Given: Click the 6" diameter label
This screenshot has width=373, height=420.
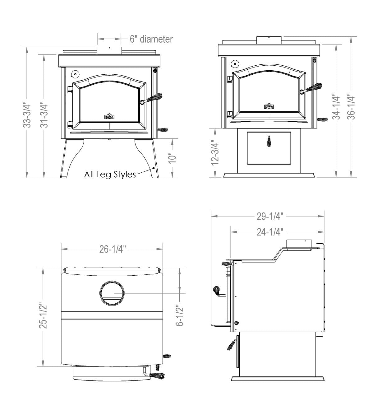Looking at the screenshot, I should pyautogui.click(x=151, y=39).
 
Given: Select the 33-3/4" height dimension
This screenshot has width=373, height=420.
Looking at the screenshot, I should pyautogui.click(x=27, y=112).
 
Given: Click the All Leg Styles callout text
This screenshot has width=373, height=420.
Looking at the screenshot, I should pyautogui.click(x=110, y=174).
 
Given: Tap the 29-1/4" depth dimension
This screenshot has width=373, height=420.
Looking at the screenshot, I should pyautogui.click(x=270, y=216).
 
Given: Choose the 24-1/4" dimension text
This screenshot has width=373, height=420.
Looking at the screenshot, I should pyautogui.click(x=270, y=232).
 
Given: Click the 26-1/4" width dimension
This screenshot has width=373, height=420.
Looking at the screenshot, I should pyautogui.click(x=113, y=249).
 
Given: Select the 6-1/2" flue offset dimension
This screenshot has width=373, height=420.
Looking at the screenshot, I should pyautogui.click(x=180, y=315).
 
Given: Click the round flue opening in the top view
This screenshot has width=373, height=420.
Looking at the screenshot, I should pyautogui.click(x=112, y=293).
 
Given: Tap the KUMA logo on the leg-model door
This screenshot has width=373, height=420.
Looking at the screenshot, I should pyautogui.click(x=109, y=116).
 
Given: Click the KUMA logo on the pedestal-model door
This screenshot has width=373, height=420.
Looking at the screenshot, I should pyautogui.click(x=269, y=106).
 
